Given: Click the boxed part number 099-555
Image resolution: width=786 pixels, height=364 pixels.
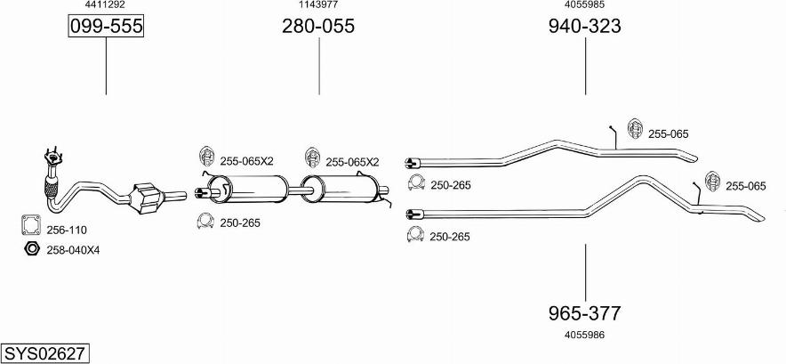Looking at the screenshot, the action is coord(106,26).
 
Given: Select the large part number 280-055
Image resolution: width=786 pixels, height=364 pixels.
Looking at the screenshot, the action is coord(318,26).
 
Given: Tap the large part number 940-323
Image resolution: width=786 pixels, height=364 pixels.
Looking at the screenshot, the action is coord(584,26).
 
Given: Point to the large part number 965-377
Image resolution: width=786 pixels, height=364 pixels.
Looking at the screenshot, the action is coord(584,313).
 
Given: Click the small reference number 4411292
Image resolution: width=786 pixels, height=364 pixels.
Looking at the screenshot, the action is coord(106,5).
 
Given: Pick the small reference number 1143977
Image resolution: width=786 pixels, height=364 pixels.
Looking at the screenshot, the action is coord(318,5).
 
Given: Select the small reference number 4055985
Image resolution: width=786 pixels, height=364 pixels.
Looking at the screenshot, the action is coord(584,5).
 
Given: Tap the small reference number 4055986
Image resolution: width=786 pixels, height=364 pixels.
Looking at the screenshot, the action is coord(584,335).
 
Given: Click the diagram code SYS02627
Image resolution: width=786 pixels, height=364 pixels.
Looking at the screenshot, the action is coord(44,353).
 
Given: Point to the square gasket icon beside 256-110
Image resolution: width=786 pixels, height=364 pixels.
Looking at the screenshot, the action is coord(30,225).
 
